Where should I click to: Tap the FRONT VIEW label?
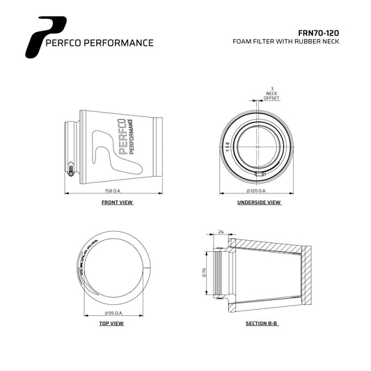click(x=116, y=203)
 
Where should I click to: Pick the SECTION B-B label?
click(x=262, y=324)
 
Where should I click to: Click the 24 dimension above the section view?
click(x=221, y=232)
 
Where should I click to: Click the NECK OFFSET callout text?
click(x=271, y=96)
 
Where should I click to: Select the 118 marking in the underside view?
click(x=227, y=146)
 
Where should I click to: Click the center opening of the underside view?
click(x=259, y=148)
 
